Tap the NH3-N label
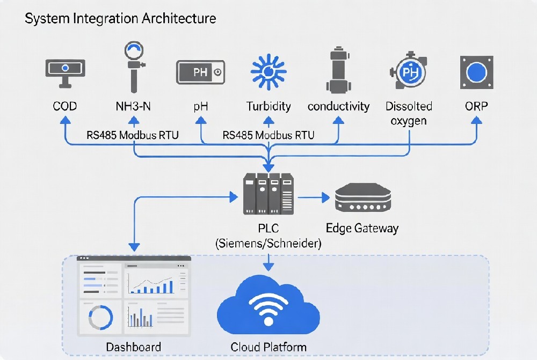point(133,106)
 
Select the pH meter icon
point(200,72)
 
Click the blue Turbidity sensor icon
point(268,72)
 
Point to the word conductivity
point(338,106)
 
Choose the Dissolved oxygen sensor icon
point(409,71)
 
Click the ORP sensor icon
point(476,72)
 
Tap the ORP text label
point(476,106)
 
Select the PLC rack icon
point(268,194)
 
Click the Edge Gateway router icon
point(363,198)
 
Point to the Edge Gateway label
point(362,228)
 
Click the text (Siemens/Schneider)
point(268,243)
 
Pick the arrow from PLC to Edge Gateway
point(314,197)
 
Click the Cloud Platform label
point(268,347)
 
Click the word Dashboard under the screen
point(134,347)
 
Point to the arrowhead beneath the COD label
point(65,120)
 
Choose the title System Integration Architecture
point(120,18)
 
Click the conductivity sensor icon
point(338,70)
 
